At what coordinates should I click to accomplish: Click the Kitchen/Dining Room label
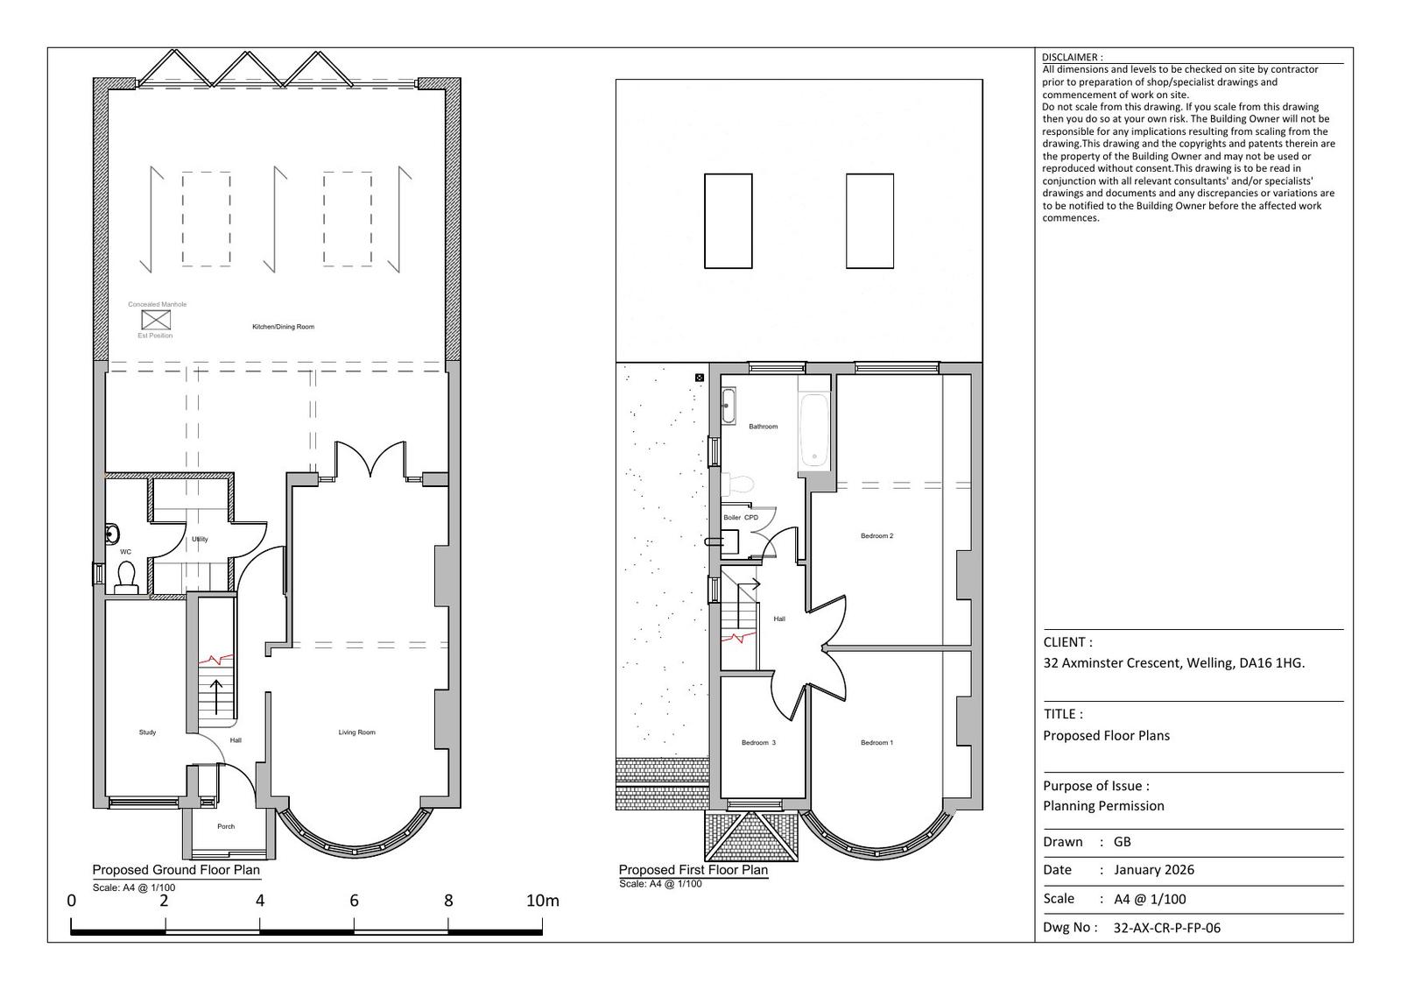tap(283, 327)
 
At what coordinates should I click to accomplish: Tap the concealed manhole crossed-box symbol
tap(156, 320)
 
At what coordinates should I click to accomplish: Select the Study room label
tap(148, 732)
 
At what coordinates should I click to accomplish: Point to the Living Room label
tap(356, 732)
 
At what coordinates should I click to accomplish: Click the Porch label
tap(226, 827)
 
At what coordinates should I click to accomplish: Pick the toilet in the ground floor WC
tap(126, 577)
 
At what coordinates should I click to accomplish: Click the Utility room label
tap(200, 540)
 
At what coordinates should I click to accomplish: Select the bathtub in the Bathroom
tap(814, 430)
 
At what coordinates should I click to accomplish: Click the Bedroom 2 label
tap(877, 535)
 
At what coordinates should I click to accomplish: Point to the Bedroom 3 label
tap(758, 743)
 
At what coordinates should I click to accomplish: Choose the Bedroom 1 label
tap(877, 743)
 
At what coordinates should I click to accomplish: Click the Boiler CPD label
tap(741, 518)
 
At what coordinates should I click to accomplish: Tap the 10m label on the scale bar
tap(542, 901)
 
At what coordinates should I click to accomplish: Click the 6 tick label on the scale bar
tap(354, 901)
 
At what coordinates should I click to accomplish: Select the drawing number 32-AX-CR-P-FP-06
tap(1167, 928)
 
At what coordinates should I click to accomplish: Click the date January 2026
tap(1154, 870)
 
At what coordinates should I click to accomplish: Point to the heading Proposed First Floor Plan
tap(693, 870)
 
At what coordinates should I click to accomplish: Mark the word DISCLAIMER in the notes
tap(1069, 57)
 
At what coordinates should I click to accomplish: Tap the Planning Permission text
tap(1103, 806)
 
